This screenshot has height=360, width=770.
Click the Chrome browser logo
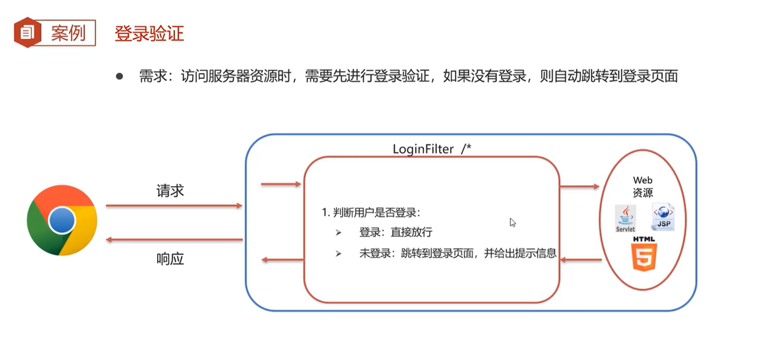pyautogui.click(x=62, y=220)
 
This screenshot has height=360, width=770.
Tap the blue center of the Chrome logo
pyautogui.click(x=62, y=220)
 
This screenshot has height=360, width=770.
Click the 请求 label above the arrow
pyautogui.click(x=170, y=191)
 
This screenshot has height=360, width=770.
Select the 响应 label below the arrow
pyautogui.click(x=170, y=259)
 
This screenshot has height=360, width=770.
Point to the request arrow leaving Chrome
pyautogui.click(x=174, y=206)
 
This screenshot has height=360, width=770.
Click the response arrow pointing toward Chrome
pyautogui.click(x=174, y=240)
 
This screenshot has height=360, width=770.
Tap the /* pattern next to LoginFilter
pyautogui.click(x=466, y=149)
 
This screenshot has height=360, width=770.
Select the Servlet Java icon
pyautogui.click(x=625, y=218)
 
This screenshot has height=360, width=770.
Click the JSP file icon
pyautogui.click(x=663, y=217)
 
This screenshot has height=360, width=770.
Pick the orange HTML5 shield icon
pyautogui.click(x=644, y=257)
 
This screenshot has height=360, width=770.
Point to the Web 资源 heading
pyautogui.click(x=642, y=186)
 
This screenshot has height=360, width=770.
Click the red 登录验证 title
pyautogui.click(x=149, y=33)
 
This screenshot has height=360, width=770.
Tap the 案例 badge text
pyautogui.click(x=68, y=33)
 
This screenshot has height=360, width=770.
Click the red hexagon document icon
pyautogui.click(x=27, y=32)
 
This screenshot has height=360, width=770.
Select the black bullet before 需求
pyautogui.click(x=120, y=77)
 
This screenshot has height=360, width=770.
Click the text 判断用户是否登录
pyautogui.click(x=375, y=212)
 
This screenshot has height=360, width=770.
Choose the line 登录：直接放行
pyautogui.click(x=395, y=232)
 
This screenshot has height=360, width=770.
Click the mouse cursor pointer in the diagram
pyautogui.click(x=512, y=222)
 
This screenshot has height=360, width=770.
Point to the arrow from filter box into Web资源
pyautogui.click(x=579, y=186)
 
